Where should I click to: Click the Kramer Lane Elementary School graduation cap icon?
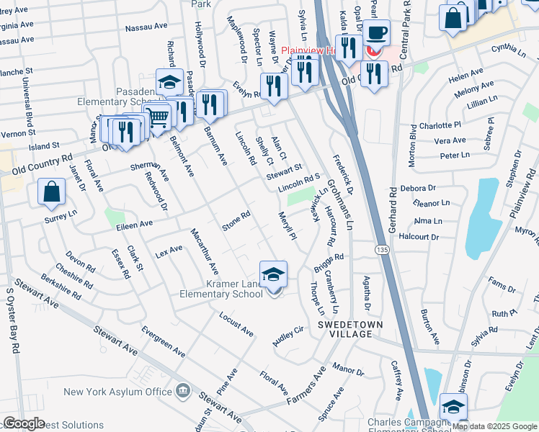273,275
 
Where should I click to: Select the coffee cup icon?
375,33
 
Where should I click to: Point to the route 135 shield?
380,248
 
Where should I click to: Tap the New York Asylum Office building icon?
182,392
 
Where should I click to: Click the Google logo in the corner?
24,424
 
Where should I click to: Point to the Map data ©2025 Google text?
494,426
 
